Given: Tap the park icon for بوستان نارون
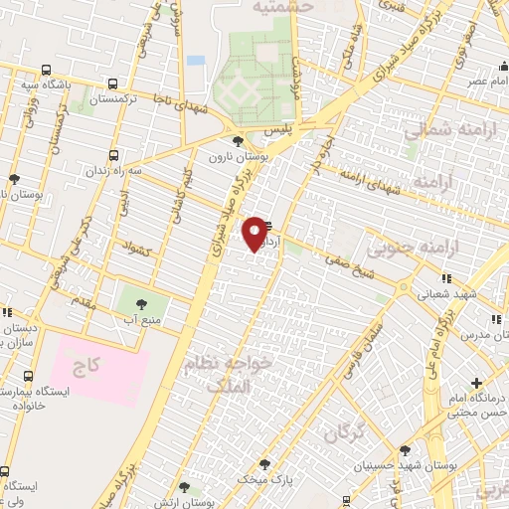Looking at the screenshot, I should (x=237, y=142).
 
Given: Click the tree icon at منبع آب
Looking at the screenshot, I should (x=135, y=303).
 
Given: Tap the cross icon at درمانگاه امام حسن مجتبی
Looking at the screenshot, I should (x=477, y=383).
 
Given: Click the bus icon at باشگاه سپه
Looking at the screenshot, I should (x=46, y=70).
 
